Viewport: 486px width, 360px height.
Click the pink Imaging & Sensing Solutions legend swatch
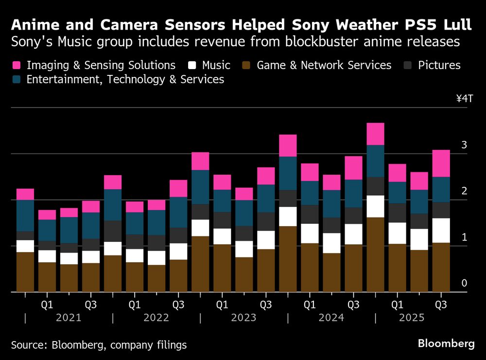click(x=17, y=65)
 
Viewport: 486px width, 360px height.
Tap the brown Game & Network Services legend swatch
click(x=248, y=65)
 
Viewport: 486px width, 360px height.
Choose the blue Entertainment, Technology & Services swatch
click(x=17, y=79)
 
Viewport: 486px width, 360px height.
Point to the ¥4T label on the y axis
click(x=464, y=99)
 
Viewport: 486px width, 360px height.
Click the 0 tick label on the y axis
click(x=464, y=283)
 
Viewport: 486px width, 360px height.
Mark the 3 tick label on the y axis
click(x=464, y=145)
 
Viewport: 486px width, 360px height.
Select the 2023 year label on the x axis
click(x=243, y=318)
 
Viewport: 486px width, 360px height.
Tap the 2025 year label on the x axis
click(x=412, y=318)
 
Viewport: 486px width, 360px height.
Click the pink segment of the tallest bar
click(x=375, y=134)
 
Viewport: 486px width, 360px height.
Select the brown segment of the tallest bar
click(x=375, y=254)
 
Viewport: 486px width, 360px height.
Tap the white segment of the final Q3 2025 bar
click(x=441, y=230)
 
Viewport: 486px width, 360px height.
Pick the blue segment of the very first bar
click(x=25, y=215)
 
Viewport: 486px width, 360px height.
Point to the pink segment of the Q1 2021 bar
click(x=47, y=215)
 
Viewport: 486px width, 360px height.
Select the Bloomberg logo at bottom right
click(x=446, y=343)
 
